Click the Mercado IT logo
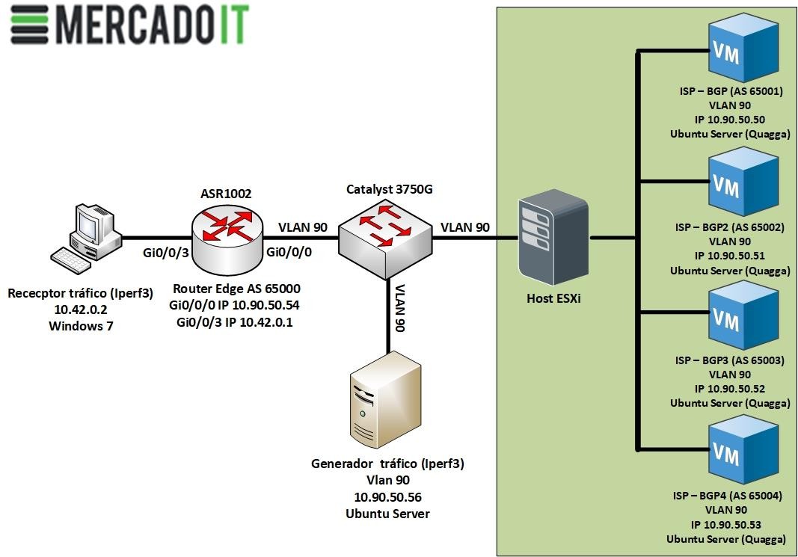pos(129,24)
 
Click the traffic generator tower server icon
pos(387,400)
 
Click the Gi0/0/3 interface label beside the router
pos(165,253)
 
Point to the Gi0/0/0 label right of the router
pos(289,253)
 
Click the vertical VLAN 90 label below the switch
pos(400,308)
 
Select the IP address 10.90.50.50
pos(729,120)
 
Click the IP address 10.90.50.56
pos(387,496)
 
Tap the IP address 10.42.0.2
pos(80,310)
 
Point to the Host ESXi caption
pos(553,298)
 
